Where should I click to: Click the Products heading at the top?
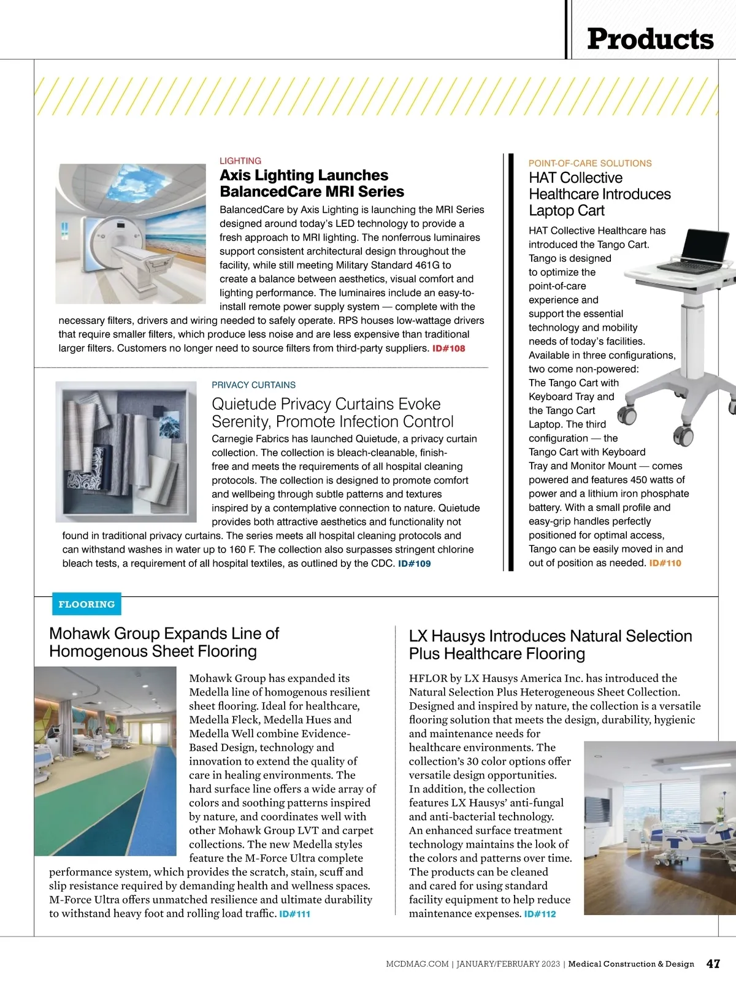click(650, 39)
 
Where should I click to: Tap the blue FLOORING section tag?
click(86, 604)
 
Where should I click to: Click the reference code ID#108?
click(448, 348)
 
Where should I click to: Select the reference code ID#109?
click(414, 564)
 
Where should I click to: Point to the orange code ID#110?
click(665, 563)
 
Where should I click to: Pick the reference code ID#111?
click(294, 914)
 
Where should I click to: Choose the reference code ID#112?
click(540, 914)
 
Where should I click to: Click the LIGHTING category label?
click(240, 161)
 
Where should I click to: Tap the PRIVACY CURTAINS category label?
click(253, 385)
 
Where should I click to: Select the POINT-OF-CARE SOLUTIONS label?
click(590, 163)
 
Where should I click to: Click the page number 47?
click(713, 964)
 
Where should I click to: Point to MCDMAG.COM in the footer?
click(417, 964)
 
